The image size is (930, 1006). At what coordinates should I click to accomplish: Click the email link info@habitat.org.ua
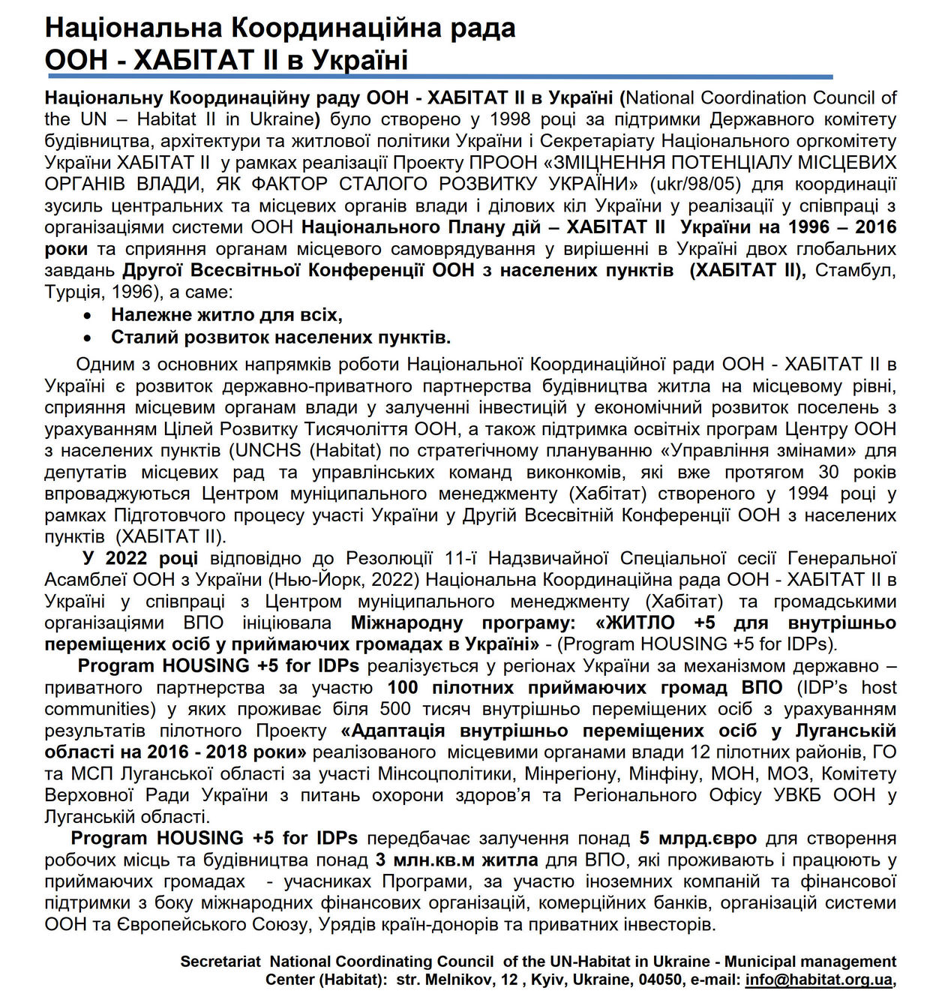(819, 980)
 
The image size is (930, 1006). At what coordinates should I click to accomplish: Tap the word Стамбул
(855, 270)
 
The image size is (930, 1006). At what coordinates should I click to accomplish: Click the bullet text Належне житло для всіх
(226, 315)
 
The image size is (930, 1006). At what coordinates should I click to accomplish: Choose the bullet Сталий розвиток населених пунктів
(280, 337)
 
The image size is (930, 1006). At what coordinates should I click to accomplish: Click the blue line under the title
(439, 77)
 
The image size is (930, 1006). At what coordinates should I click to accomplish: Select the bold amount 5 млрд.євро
(697, 838)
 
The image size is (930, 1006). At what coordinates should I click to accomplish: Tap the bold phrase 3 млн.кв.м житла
(457, 860)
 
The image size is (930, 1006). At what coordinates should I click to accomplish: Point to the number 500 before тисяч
(395, 709)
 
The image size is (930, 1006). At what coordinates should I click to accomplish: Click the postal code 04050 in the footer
(660, 980)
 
